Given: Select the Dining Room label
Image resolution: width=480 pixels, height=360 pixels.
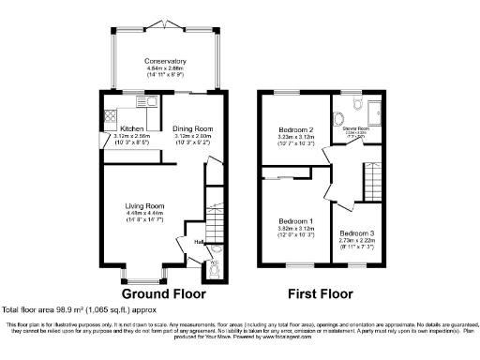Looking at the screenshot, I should coord(194,127).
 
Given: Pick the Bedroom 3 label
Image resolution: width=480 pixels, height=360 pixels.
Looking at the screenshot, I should coord(355,232).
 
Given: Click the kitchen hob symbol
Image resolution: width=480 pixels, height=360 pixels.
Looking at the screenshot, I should coord(108,117).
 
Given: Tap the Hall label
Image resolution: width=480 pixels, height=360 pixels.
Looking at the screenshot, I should coord(199,242).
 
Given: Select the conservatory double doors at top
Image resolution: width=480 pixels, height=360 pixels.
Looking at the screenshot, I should coord(165,22).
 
